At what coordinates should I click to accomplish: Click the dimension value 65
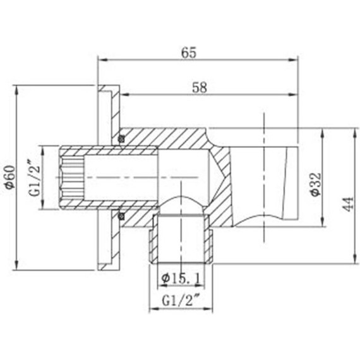[188, 53]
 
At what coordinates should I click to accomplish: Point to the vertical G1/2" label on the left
[35, 179]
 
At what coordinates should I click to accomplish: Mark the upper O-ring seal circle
[120, 138]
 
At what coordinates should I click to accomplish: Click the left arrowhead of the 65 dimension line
[100, 61]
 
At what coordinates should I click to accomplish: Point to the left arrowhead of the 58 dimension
[124, 95]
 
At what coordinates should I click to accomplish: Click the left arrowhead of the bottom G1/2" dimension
[152, 309]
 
